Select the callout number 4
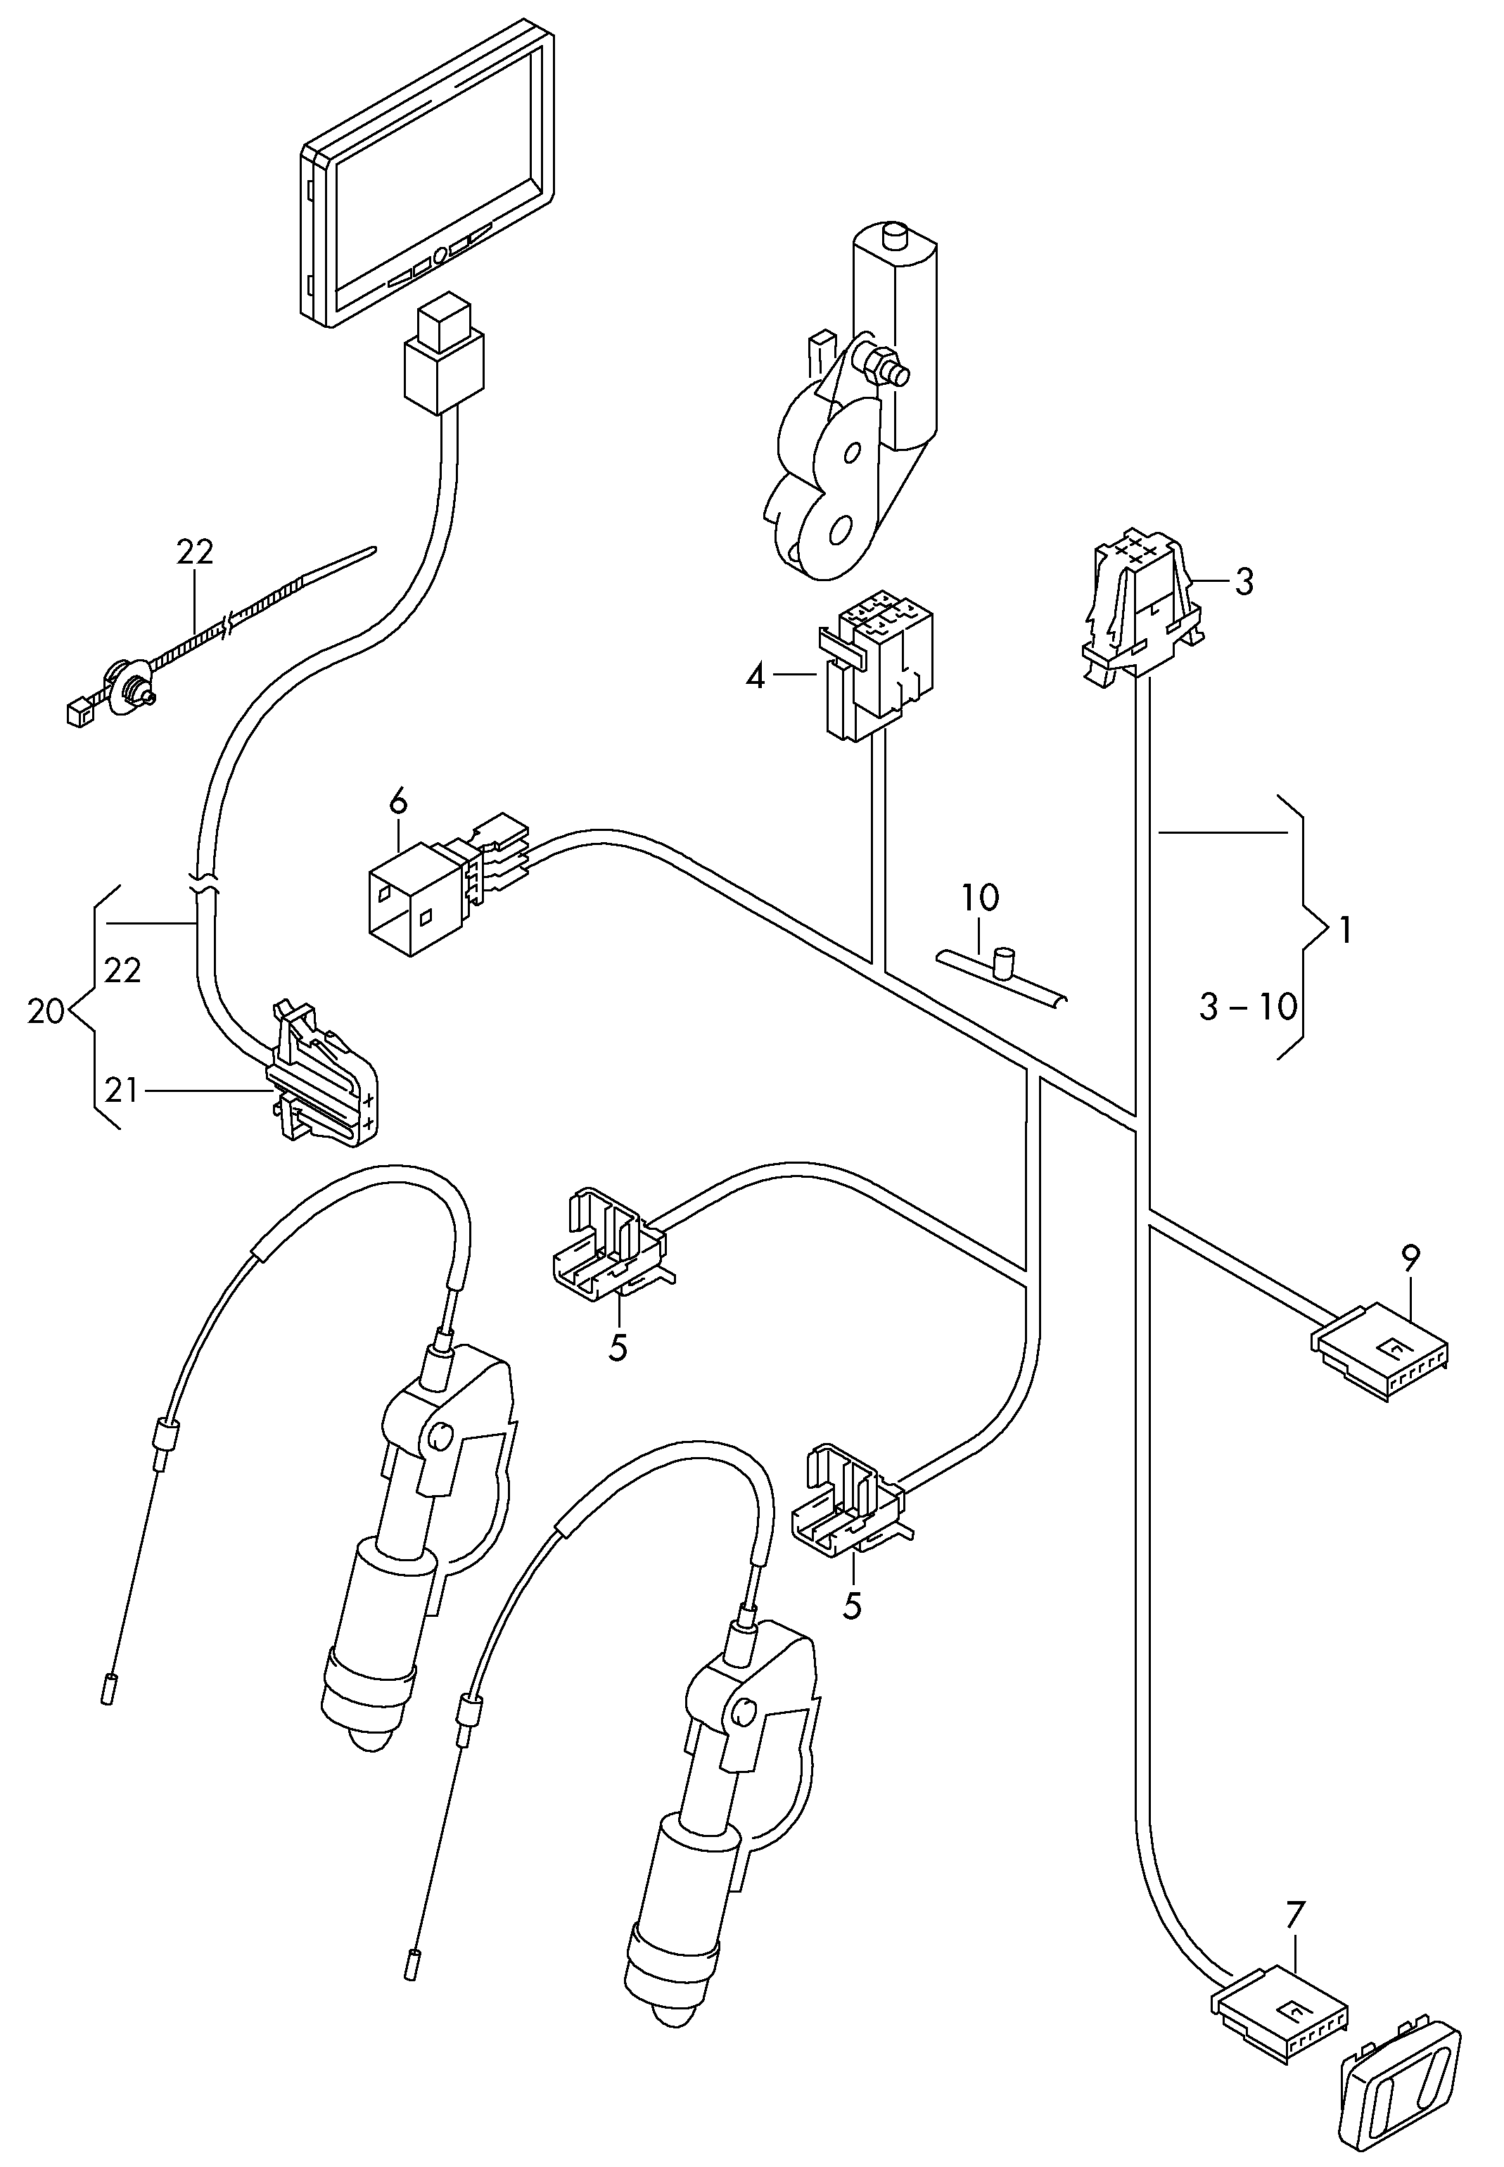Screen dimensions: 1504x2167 pyautogui.click(x=756, y=676)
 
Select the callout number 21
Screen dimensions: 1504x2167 pyautogui.click(x=122, y=1091)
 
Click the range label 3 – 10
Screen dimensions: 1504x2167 pyautogui.click(x=1249, y=1007)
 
